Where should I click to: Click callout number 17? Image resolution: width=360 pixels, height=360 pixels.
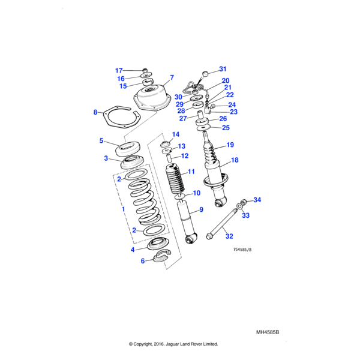pyautogui.click(x=119, y=70)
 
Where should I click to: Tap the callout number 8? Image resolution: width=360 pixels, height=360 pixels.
pyautogui.click(x=95, y=112)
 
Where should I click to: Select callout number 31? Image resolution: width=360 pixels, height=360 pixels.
pyautogui.click(x=223, y=69)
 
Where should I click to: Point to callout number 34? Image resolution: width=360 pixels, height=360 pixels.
pyautogui.click(x=257, y=200)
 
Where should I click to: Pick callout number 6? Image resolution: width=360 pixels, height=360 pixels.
pyautogui.click(x=142, y=260)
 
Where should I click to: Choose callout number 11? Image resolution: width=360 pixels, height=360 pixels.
pyautogui.click(x=191, y=172)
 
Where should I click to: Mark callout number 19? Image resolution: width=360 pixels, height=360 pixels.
pyautogui.click(x=230, y=145)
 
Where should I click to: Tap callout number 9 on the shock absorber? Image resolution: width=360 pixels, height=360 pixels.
pyautogui.click(x=202, y=209)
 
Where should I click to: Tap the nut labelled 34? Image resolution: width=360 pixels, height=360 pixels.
pyautogui.click(x=245, y=202)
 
